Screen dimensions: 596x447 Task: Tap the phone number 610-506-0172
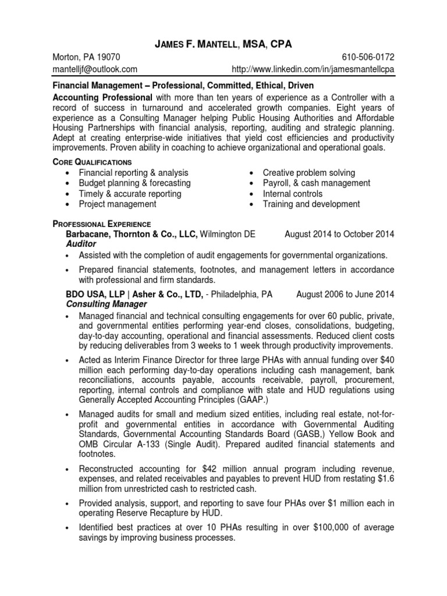click(367, 57)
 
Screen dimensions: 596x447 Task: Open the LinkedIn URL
click(313, 69)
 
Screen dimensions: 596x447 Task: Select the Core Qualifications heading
click(93, 161)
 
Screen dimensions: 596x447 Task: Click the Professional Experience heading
click(102, 223)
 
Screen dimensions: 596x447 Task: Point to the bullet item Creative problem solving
click(309, 173)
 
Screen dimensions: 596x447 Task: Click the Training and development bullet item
click(311, 204)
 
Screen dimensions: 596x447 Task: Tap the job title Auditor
click(81, 244)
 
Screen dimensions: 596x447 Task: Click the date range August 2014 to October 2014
click(339, 234)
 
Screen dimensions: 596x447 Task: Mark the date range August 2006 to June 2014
click(345, 294)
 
